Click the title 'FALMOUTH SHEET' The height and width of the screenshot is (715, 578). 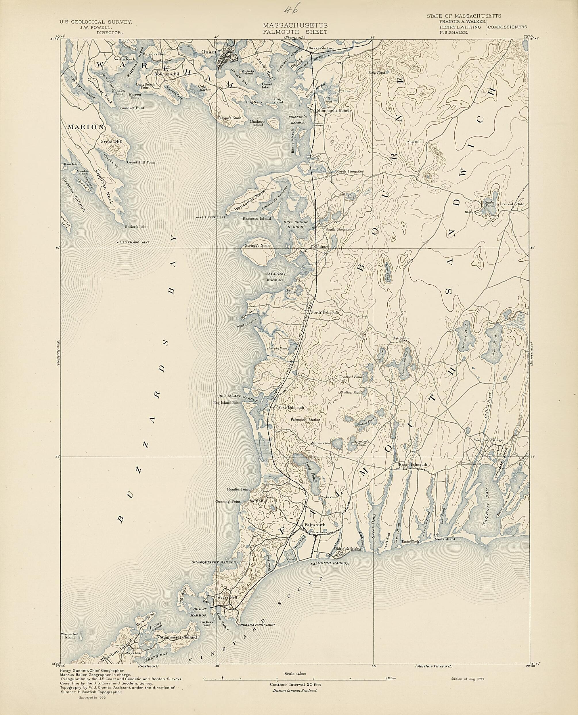[x=295, y=32]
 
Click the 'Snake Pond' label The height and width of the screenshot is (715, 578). [x=489, y=204]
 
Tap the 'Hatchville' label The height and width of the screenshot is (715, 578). [x=401, y=338]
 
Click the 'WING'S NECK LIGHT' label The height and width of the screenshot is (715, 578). [x=211, y=217]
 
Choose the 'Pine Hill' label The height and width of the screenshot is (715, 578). [x=413, y=142]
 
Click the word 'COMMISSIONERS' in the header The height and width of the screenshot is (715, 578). [x=508, y=27]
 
